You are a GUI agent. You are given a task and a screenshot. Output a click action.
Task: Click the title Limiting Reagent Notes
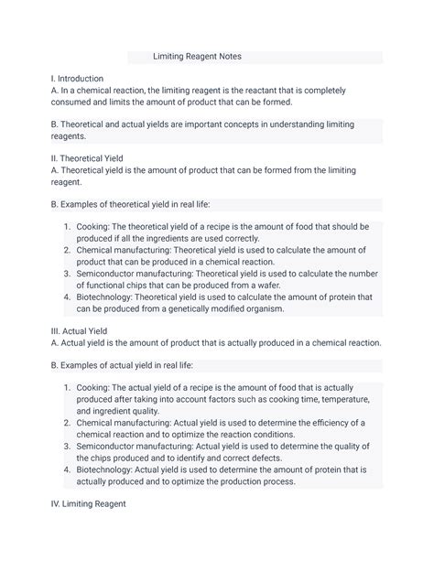(x=197, y=57)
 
